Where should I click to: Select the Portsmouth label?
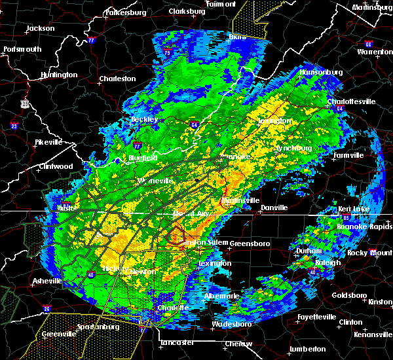[x=22, y=49]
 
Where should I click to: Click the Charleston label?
[x=117, y=79]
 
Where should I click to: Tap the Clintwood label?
[x=54, y=166]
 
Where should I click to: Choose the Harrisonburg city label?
[x=322, y=72]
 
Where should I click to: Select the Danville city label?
[x=274, y=207]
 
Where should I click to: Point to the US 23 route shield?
[x=25, y=103]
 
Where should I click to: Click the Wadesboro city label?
[x=231, y=325]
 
